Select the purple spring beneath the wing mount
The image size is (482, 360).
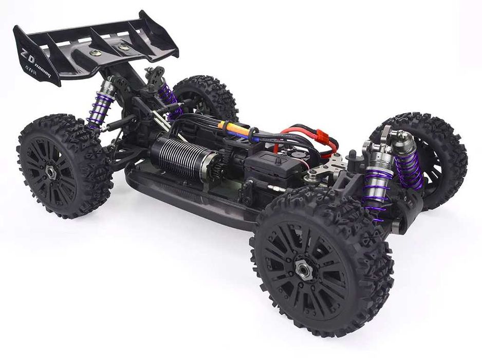coord(168,98)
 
